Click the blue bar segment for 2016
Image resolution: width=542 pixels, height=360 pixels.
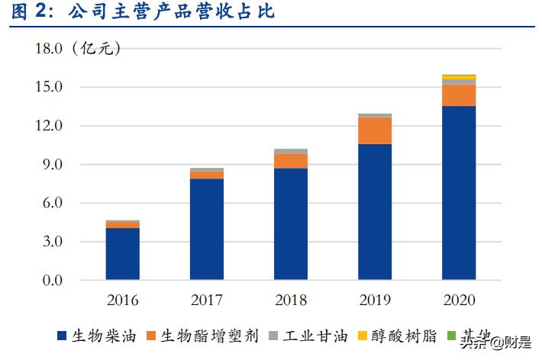pos(122,253)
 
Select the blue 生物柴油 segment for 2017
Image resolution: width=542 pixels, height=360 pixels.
pos(206,229)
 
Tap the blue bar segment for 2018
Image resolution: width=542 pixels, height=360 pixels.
pos(290,223)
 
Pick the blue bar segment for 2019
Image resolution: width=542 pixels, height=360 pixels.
pos(375,211)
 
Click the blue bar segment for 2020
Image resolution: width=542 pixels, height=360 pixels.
pos(459,192)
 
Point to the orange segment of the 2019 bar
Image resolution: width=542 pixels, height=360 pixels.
pos(375,130)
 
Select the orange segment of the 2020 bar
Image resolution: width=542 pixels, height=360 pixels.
pos(459,95)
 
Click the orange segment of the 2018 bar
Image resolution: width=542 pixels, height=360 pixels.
pos(290,161)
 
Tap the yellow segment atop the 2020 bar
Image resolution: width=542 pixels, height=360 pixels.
pos(459,77)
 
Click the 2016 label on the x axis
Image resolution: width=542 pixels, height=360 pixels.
pos(122,299)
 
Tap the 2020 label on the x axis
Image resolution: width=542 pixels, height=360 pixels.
pos(459,299)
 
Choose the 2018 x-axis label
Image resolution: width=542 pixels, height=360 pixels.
pos(290,299)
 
